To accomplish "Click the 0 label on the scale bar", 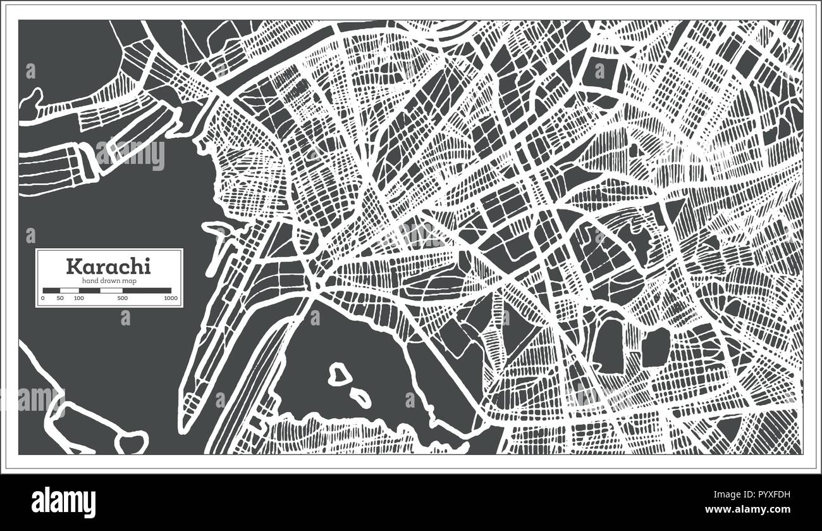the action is pos(43,297).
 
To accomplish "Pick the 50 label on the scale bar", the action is pos(60,297).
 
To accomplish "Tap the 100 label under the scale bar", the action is pos(78,297).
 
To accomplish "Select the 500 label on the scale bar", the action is pos(122,297).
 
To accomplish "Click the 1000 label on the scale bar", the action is pos(169,297).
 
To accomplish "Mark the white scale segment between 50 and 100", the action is pos(70,290).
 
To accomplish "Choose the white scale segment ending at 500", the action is pos(111,290).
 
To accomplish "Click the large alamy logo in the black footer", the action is pos(64,502).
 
